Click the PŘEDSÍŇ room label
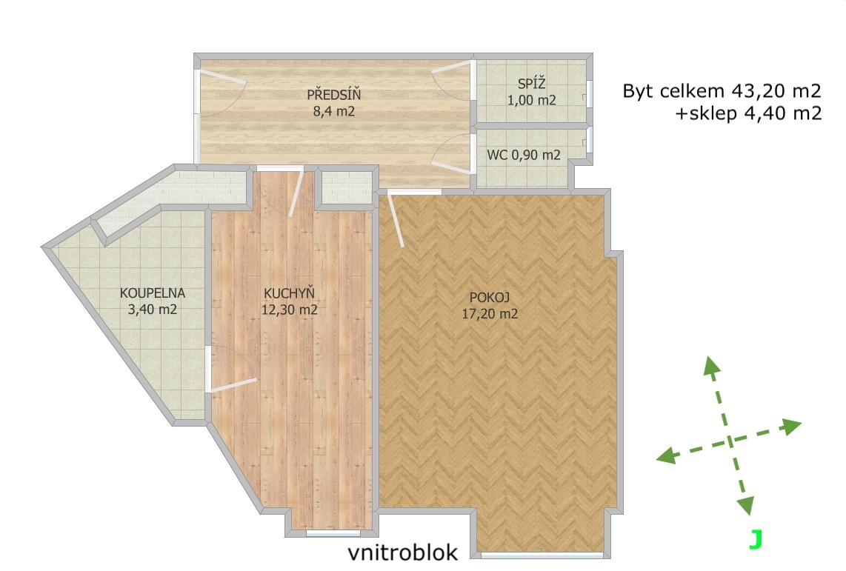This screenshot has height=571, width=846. tap(333, 94)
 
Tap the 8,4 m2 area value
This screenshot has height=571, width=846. tap(333, 112)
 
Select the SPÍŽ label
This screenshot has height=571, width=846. tap(531, 84)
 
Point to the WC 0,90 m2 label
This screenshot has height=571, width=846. tap(523, 155)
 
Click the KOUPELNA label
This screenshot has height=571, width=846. tap(152, 293)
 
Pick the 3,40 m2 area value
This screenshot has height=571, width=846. tap(152, 310)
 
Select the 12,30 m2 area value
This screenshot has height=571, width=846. tap(289, 310)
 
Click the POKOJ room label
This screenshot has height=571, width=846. tap(490, 296)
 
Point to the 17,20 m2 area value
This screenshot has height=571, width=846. tap(490, 313)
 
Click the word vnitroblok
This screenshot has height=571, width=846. tap(402, 552)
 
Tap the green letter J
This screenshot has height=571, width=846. tap(756, 539)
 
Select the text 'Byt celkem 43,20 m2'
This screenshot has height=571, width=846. tap(722, 90)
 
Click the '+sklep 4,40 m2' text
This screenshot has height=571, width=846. tap(748, 113)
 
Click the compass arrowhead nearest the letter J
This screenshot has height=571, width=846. tap(746, 506)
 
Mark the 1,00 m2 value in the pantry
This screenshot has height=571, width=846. tap(531, 100)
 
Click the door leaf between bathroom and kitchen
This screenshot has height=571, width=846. tap(233, 384)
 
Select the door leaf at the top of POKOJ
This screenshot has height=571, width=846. tap(396, 221)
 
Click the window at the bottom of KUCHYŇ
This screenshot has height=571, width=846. tap(333, 533)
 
